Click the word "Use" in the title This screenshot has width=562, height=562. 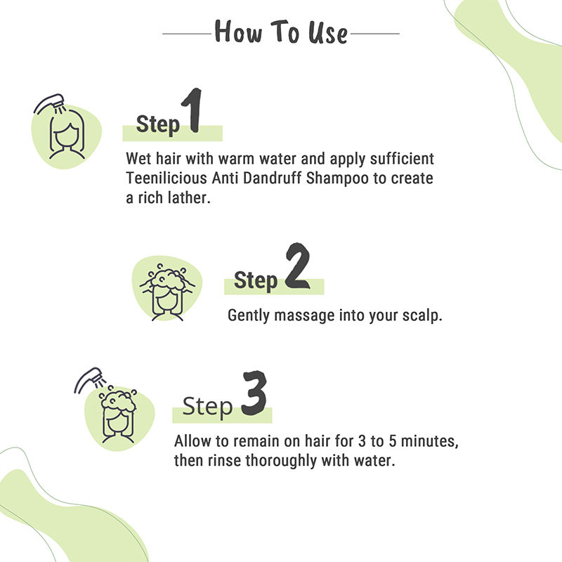(327, 33)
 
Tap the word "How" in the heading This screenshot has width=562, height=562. (238, 32)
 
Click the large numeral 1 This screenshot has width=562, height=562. (192, 110)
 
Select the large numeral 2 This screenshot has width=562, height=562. (297, 266)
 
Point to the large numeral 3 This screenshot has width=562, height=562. (254, 393)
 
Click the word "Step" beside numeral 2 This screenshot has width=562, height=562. (256, 280)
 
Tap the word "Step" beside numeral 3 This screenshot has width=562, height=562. (207, 407)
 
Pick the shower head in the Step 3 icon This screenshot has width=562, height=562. (90, 379)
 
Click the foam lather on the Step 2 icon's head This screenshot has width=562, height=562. (167, 278)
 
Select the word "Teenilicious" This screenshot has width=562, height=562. (166, 178)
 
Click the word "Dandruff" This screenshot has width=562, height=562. (272, 178)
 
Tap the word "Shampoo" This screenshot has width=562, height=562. (337, 179)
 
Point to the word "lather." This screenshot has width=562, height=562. (189, 197)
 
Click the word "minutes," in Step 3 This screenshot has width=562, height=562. (429, 441)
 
